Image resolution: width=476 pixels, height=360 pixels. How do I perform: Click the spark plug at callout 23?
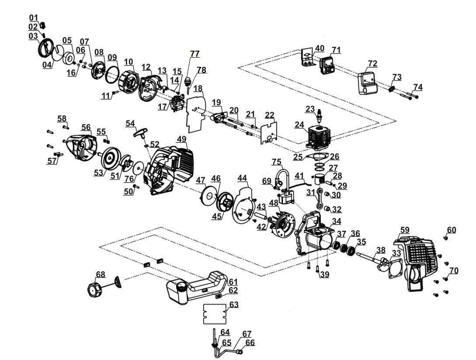[319, 115]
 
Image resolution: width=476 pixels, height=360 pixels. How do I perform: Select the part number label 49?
[181, 139]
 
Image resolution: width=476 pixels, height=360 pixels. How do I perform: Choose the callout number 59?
[405, 230]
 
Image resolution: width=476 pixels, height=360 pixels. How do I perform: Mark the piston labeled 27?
[321, 181]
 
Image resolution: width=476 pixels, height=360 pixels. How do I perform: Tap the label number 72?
[372, 63]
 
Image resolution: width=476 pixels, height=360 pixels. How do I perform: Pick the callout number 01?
[34, 17]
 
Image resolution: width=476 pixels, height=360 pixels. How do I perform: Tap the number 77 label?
[195, 54]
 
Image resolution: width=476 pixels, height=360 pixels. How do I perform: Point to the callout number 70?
[454, 270]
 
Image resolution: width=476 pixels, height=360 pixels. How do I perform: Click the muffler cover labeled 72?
[367, 83]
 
